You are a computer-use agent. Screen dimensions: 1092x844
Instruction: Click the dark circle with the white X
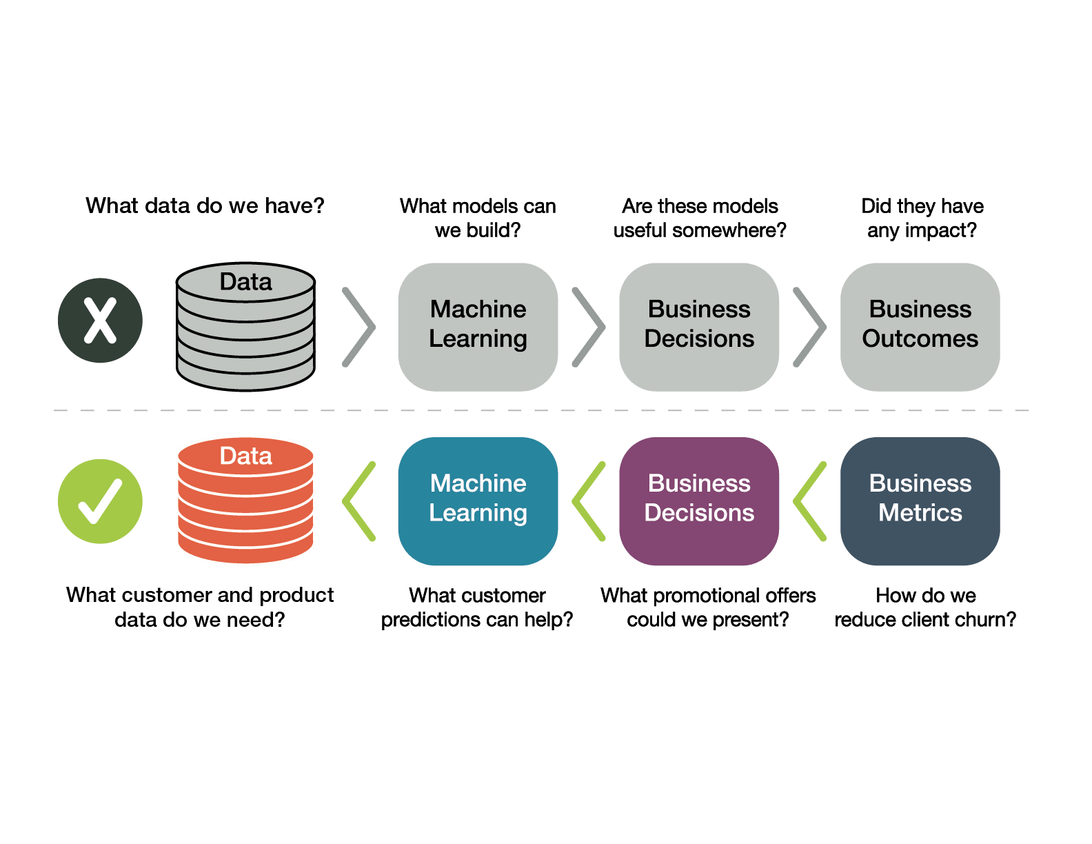click(100, 320)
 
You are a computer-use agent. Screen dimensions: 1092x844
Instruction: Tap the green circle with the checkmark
click(100, 501)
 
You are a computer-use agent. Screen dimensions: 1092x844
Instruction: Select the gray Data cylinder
click(245, 327)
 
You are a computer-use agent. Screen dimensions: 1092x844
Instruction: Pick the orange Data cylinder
click(245, 501)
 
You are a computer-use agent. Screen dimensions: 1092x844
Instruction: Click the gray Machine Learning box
click(478, 327)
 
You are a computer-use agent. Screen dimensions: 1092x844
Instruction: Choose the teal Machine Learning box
click(478, 501)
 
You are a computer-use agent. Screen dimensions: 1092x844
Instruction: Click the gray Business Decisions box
click(699, 327)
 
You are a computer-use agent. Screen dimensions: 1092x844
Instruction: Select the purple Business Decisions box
click(699, 501)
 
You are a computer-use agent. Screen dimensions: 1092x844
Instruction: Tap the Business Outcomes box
click(920, 327)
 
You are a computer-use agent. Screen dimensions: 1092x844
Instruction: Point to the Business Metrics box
click(920, 501)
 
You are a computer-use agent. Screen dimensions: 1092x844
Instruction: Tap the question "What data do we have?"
click(205, 205)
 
